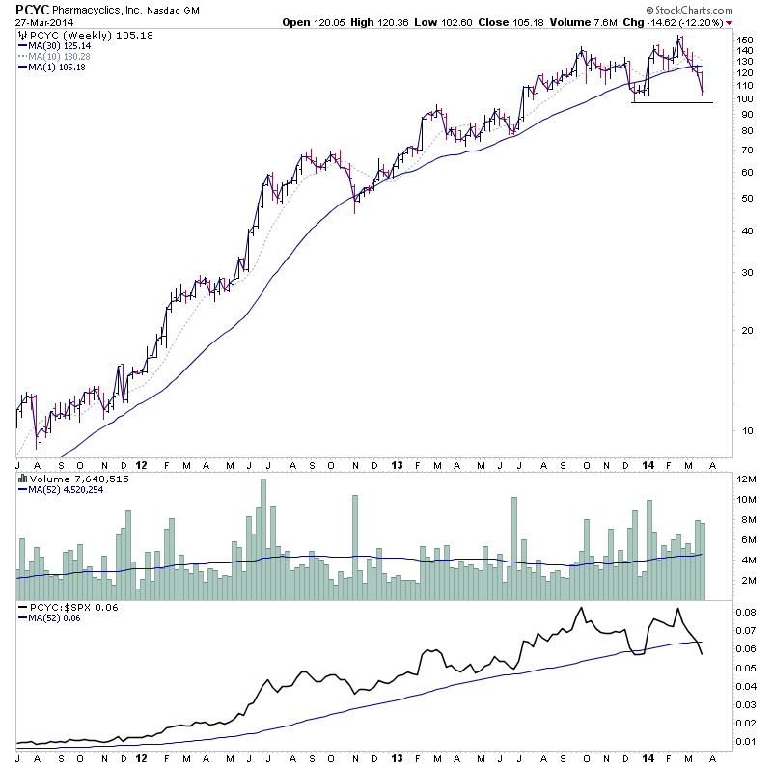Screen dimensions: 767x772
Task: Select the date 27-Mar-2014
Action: tap(43, 22)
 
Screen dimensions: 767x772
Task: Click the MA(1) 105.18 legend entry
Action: tap(57, 67)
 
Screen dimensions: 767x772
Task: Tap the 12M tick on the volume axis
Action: tap(747, 479)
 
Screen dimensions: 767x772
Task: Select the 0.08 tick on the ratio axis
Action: tap(747, 612)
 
